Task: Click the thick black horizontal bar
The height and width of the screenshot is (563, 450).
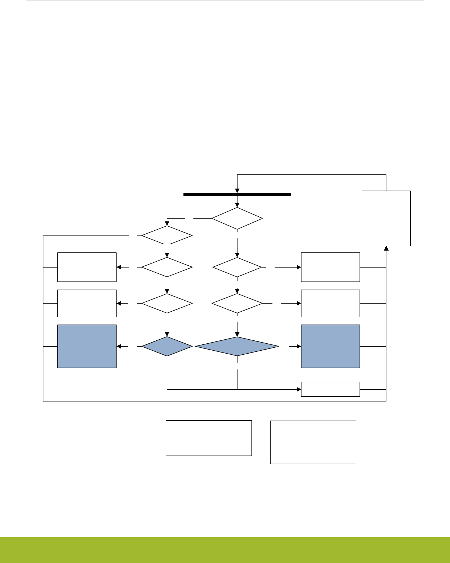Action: (237, 194)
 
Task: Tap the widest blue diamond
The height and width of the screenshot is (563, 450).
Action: (237, 346)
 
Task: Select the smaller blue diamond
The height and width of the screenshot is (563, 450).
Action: (167, 346)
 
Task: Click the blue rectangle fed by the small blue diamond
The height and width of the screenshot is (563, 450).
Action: (87, 346)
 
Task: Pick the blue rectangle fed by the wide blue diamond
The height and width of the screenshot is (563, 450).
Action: (331, 346)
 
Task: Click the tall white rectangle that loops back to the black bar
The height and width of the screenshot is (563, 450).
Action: (386, 218)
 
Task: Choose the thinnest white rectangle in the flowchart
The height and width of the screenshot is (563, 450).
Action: (331, 389)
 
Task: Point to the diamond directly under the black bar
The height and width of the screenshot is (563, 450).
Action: (237, 219)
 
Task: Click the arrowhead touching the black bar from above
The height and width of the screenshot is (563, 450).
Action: (237, 190)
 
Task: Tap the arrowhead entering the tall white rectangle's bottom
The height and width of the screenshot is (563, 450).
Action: (386, 248)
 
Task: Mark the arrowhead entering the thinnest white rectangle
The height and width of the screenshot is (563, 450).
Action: (299, 389)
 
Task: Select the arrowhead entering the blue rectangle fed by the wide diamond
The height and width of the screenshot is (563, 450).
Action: (299, 346)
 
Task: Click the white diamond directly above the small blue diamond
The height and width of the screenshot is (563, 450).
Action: (167, 303)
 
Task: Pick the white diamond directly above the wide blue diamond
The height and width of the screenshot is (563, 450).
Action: (237, 303)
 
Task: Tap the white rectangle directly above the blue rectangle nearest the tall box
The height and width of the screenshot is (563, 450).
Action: (331, 303)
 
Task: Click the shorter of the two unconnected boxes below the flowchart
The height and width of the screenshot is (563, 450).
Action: (209, 438)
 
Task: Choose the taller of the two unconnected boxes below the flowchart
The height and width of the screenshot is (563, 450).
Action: (313, 442)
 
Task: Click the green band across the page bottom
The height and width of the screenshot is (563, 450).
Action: (225, 550)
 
